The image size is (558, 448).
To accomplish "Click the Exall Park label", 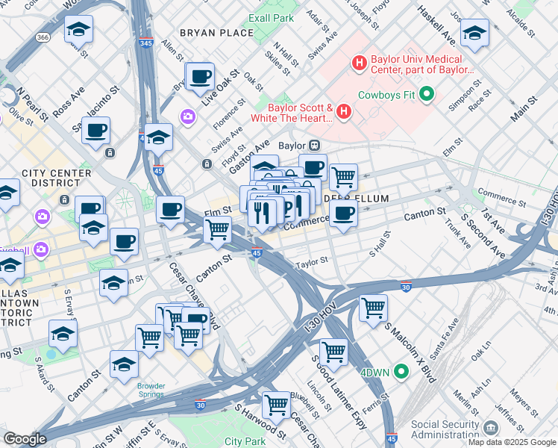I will [x=271, y=17].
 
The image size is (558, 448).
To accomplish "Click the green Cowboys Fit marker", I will [x=427, y=94].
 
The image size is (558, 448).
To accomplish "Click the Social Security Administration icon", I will [x=491, y=427].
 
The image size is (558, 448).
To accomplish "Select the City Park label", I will [x=245, y=442].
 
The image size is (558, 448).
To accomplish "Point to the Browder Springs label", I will [x=151, y=391].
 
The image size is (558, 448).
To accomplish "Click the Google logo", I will [x=25, y=438].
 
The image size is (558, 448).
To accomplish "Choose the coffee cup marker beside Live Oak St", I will [x=200, y=77].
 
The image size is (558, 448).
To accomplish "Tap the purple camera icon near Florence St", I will [x=186, y=116].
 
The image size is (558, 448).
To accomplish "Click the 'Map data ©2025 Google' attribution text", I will [x=511, y=442].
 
